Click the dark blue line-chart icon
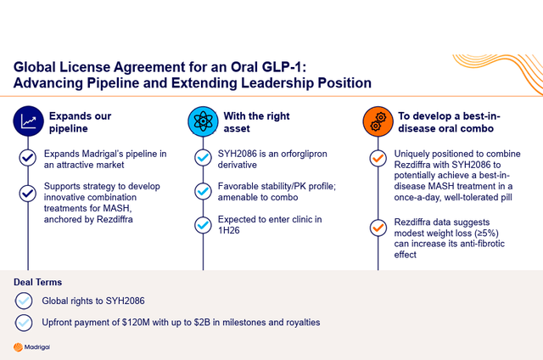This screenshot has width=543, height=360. pyautogui.click(x=28, y=122)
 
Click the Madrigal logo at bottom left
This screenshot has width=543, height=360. pyautogui.click(x=33, y=347)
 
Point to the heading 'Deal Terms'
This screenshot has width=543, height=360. pyautogui.click(x=38, y=282)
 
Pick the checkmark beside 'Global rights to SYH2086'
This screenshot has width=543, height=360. pyautogui.click(x=24, y=301)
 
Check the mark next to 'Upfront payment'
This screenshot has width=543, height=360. pyautogui.click(x=24, y=323)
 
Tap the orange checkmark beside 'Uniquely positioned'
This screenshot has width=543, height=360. pyautogui.click(x=377, y=158)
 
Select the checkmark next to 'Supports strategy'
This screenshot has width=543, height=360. pyautogui.click(x=28, y=192)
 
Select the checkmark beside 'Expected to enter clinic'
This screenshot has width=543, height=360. pyautogui.click(x=202, y=225)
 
